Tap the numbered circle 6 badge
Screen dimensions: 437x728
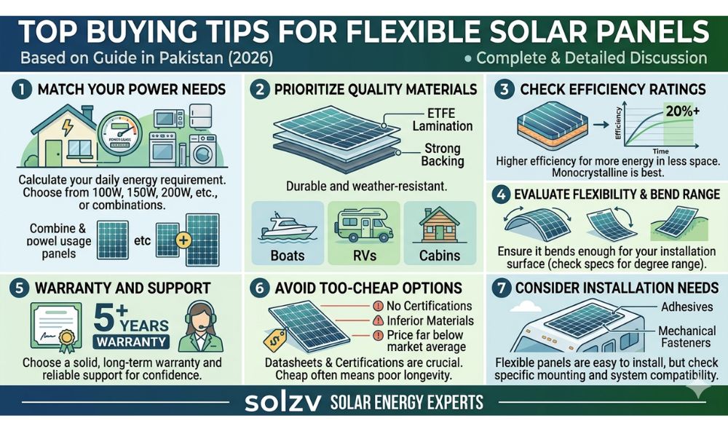pos(261,288)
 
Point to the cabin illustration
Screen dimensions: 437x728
pos(438,223)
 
